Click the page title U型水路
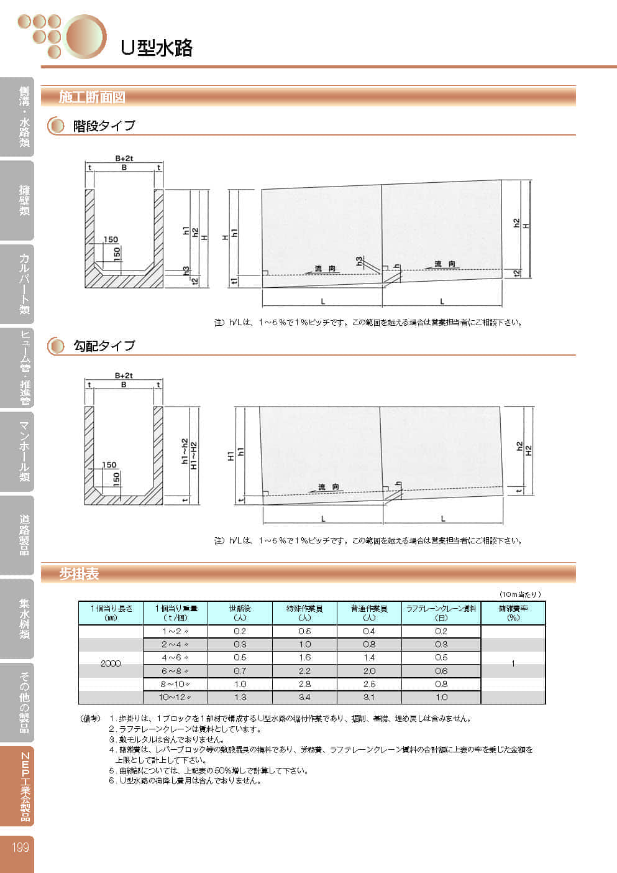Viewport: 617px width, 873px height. tap(157, 47)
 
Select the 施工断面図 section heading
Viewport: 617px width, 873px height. tap(92, 97)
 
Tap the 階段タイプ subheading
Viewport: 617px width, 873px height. tap(104, 126)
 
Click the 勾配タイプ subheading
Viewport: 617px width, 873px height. tap(104, 346)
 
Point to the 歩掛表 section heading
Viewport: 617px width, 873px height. tap(79, 574)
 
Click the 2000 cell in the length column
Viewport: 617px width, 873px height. tap(111, 663)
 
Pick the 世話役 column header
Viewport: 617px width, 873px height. tap(240, 612)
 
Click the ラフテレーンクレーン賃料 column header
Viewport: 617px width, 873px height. tap(441, 612)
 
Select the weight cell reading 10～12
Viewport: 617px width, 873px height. tap(175, 697)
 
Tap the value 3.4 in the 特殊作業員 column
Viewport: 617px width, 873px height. tap(304, 697)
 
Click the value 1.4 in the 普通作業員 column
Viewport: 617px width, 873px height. tap(369, 657)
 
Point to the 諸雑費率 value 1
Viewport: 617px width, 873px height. tap(513, 663)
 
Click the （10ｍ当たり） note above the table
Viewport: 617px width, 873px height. tap(520, 594)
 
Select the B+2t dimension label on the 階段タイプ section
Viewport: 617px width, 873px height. tap(124, 159)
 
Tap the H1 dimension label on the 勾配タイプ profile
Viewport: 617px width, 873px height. tap(231, 456)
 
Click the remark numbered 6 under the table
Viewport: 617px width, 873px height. tap(185, 780)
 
